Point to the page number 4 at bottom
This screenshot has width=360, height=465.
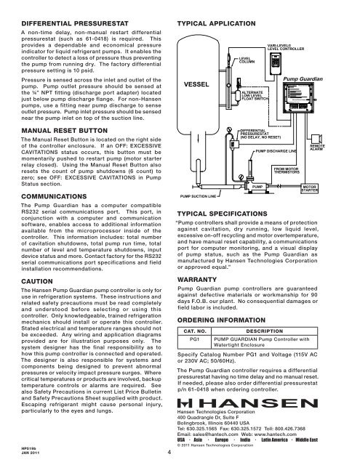point(169,455)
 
